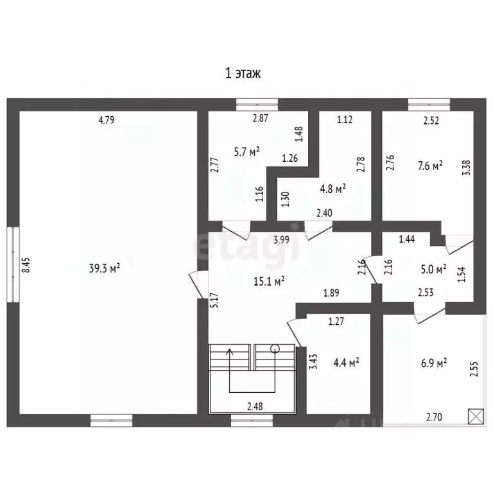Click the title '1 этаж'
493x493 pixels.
(243, 74)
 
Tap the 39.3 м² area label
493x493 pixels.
(105, 268)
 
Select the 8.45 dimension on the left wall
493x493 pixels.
(26, 265)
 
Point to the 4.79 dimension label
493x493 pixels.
(107, 120)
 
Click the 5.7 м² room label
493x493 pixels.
(246, 152)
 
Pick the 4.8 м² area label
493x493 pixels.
(333, 189)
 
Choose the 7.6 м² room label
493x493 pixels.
(430, 166)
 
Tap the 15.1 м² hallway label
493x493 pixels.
(269, 281)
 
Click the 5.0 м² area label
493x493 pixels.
(433, 270)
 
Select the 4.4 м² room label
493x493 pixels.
(346, 363)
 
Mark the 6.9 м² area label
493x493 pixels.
(434, 363)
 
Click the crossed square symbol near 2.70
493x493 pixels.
(476, 417)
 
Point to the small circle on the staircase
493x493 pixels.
(275, 349)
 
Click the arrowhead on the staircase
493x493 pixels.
(230, 352)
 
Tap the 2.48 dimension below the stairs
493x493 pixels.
(255, 406)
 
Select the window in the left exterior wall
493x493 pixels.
(13, 264)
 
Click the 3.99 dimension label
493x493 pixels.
(281, 240)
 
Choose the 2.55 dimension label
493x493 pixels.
(474, 369)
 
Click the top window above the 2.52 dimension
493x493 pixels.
(429, 105)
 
